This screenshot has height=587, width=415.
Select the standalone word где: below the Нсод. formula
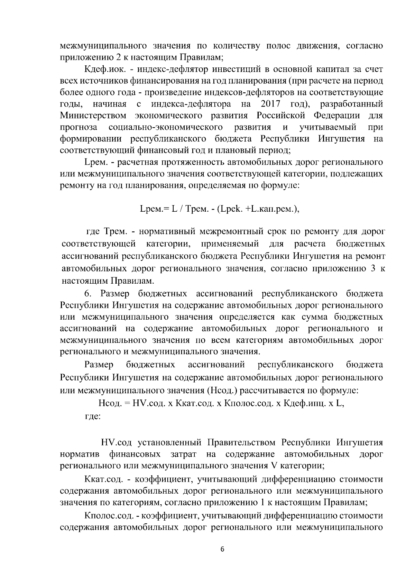click(x=93, y=416)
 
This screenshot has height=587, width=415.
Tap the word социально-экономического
click(x=165, y=127)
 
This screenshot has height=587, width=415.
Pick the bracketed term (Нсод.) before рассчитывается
click(x=222, y=391)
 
